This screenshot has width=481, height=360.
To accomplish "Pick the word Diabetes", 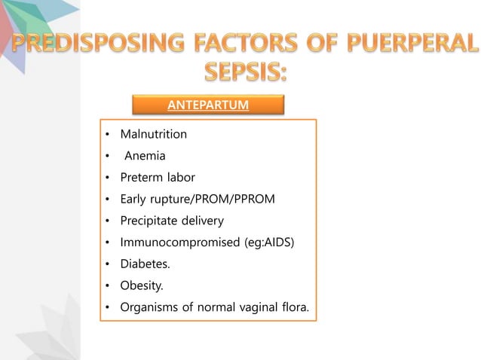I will tap(145, 264).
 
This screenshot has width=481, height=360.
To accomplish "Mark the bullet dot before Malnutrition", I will tap(107, 136).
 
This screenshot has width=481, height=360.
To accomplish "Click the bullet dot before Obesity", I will tap(107, 286).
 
